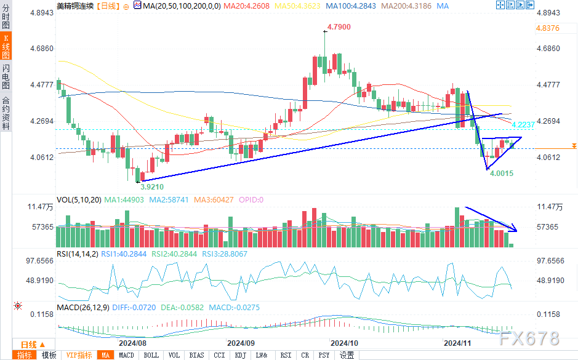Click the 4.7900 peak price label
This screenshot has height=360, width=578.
pyautogui.click(x=339, y=27)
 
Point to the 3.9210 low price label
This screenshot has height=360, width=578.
pyautogui.click(x=152, y=186)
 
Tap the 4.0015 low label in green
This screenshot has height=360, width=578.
pyautogui.click(x=502, y=174)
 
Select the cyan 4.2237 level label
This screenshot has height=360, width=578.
pyautogui.click(x=524, y=124)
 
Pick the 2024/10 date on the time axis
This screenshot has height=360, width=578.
pyautogui.click(x=344, y=343)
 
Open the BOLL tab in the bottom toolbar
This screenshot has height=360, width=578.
pyautogui.click(x=151, y=355)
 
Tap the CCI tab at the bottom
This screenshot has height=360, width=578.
pyautogui.click(x=219, y=355)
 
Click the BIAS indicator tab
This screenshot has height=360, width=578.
pyautogui.click(x=196, y=355)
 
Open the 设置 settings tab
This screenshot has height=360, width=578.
pyautogui.click(x=347, y=355)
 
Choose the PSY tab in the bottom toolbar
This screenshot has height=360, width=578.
pyautogui.click(x=324, y=355)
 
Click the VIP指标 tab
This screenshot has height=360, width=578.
pyautogui.click(x=79, y=355)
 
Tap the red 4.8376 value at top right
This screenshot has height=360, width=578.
pyautogui.click(x=548, y=28)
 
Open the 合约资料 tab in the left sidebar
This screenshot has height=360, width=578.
pyautogui.click(x=6, y=113)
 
